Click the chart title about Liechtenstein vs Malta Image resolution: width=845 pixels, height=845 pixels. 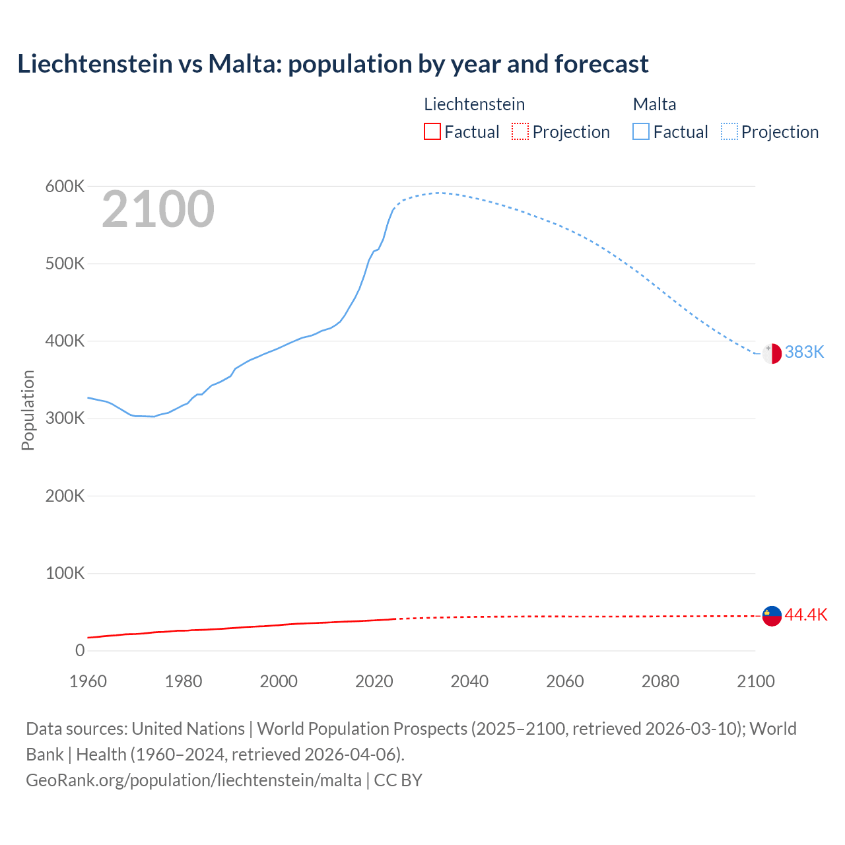[x=333, y=64]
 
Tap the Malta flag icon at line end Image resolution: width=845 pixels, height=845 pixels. [x=772, y=353]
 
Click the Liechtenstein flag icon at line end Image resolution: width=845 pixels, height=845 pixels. [x=772, y=616]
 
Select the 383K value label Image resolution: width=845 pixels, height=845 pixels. [x=804, y=352]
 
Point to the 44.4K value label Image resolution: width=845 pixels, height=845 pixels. [x=805, y=615]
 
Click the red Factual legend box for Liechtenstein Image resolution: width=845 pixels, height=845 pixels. [x=432, y=132]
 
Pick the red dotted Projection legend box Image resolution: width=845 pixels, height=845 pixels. [x=520, y=132]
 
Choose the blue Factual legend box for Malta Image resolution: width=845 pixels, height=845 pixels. [x=641, y=132]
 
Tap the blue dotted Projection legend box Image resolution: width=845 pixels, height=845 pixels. [x=729, y=132]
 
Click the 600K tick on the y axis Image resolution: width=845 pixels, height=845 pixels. [x=65, y=187]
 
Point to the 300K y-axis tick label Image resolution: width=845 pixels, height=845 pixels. [x=65, y=419]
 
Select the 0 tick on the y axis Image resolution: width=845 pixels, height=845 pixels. [x=80, y=650]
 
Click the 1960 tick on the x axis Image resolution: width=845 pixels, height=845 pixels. [x=88, y=681]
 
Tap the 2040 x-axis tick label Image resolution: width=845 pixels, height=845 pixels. [x=469, y=681]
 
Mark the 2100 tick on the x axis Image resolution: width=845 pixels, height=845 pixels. [x=755, y=681]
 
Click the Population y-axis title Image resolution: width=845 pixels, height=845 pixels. [x=28, y=410]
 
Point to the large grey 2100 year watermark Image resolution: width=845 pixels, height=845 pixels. [x=158, y=209]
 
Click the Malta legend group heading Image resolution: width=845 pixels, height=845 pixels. [x=654, y=104]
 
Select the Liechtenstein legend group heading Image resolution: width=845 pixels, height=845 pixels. [x=474, y=104]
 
